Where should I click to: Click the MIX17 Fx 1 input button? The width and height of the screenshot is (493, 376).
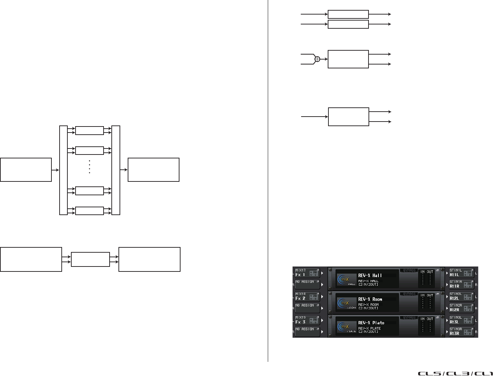[307, 273]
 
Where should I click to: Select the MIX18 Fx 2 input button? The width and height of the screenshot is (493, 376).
[307, 297]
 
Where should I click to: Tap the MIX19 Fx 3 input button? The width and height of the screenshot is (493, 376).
[307, 320]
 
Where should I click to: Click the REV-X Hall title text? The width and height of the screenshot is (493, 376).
[370, 275]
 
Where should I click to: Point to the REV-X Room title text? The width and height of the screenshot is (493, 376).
[370, 299]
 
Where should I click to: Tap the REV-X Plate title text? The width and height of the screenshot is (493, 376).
[371, 323]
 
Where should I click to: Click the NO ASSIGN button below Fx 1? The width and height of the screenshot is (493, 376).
[307, 284]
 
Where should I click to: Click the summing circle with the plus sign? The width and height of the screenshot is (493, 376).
[317, 59]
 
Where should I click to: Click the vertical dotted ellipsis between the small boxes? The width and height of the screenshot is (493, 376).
[89, 167]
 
